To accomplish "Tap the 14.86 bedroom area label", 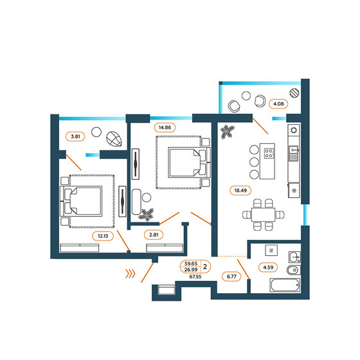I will (164, 127).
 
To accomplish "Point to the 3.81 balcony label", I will (75, 136).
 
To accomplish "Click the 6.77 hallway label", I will (230, 277).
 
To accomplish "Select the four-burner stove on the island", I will (268, 154).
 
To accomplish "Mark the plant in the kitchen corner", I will (228, 133).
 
